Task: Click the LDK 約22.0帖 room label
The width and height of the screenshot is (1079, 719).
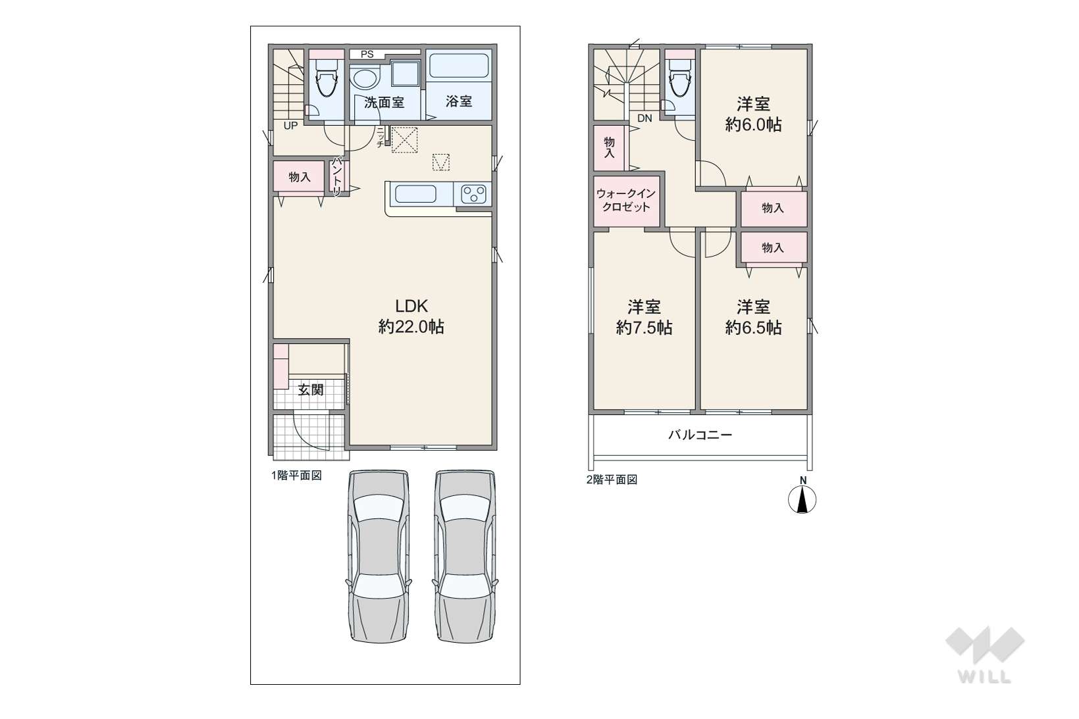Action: (411, 316)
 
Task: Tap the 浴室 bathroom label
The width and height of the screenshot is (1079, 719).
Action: (459, 101)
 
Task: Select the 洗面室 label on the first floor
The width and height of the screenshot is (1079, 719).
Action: (384, 102)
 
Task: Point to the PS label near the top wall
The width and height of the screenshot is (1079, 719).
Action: (367, 55)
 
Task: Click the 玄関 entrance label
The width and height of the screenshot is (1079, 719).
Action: (310, 390)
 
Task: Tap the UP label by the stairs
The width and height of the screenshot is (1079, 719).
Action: (290, 126)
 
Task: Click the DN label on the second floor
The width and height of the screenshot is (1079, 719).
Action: (645, 118)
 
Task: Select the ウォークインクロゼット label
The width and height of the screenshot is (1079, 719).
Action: (626, 200)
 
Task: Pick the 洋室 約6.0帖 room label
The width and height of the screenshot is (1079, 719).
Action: (753, 114)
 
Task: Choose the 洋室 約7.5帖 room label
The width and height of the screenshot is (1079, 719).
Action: (644, 317)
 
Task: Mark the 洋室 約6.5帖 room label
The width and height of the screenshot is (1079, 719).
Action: (753, 317)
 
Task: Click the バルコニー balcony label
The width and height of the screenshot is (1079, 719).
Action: (700, 435)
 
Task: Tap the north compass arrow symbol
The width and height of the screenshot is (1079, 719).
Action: (802, 499)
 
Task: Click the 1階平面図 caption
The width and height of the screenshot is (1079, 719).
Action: (296, 476)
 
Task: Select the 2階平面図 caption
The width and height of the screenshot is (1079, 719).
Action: (612, 480)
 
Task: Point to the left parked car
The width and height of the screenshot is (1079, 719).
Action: (378, 556)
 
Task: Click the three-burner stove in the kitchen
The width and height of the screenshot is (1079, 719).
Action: (473, 195)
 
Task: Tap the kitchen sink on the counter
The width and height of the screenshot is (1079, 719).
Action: (415, 195)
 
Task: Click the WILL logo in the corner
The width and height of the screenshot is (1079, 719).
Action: (985, 655)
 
